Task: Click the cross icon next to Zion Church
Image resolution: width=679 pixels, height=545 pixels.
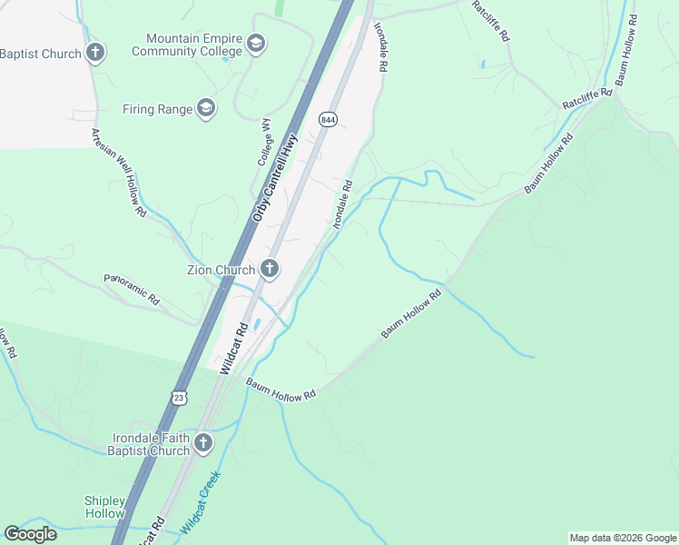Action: (x=270, y=268)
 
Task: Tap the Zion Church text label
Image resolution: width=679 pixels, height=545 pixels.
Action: (x=221, y=268)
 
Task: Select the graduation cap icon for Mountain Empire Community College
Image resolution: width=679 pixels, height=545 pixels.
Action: (x=255, y=44)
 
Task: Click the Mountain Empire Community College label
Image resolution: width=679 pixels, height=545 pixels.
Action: (x=187, y=45)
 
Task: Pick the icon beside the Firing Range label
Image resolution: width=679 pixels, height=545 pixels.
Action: (x=206, y=109)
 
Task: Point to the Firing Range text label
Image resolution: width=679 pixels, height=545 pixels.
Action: (x=158, y=110)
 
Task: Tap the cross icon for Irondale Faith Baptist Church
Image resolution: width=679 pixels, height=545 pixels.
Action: (x=203, y=443)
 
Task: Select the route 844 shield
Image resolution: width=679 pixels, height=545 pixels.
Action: (x=328, y=119)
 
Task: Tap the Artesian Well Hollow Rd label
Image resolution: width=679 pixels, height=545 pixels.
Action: (x=118, y=171)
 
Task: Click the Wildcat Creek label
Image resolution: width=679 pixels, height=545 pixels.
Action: (x=201, y=503)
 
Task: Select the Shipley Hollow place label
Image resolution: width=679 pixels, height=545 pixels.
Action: (x=103, y=507)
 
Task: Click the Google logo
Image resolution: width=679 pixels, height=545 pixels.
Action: (x=30, y=534)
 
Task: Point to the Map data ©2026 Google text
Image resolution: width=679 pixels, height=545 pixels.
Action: (x=622, y=538)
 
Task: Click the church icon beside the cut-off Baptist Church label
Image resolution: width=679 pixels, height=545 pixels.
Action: (x=95, y=53)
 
